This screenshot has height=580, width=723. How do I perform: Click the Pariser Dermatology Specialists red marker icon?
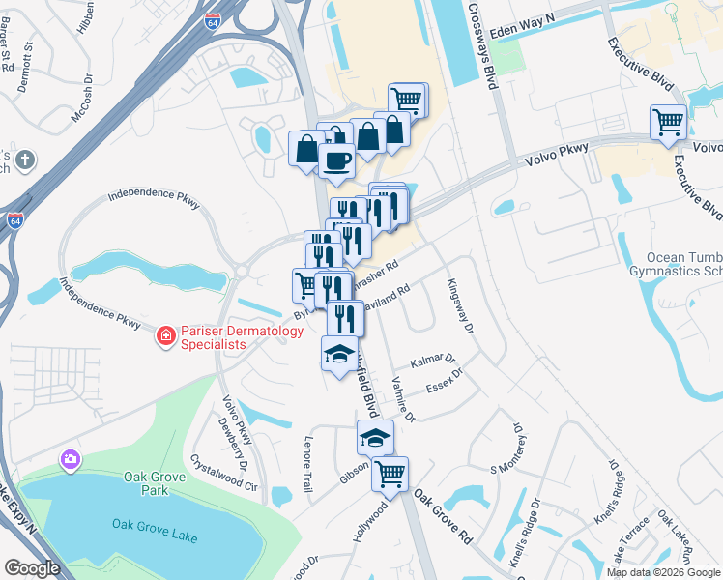(165, 336)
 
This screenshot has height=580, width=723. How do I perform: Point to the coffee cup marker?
(335, 160)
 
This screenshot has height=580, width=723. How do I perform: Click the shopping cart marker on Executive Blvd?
(668, 123)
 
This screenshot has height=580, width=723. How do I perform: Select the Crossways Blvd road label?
(480, 43)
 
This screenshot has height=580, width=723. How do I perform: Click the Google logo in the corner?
(33, 568)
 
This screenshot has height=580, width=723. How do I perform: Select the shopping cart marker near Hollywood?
(390, 475)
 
